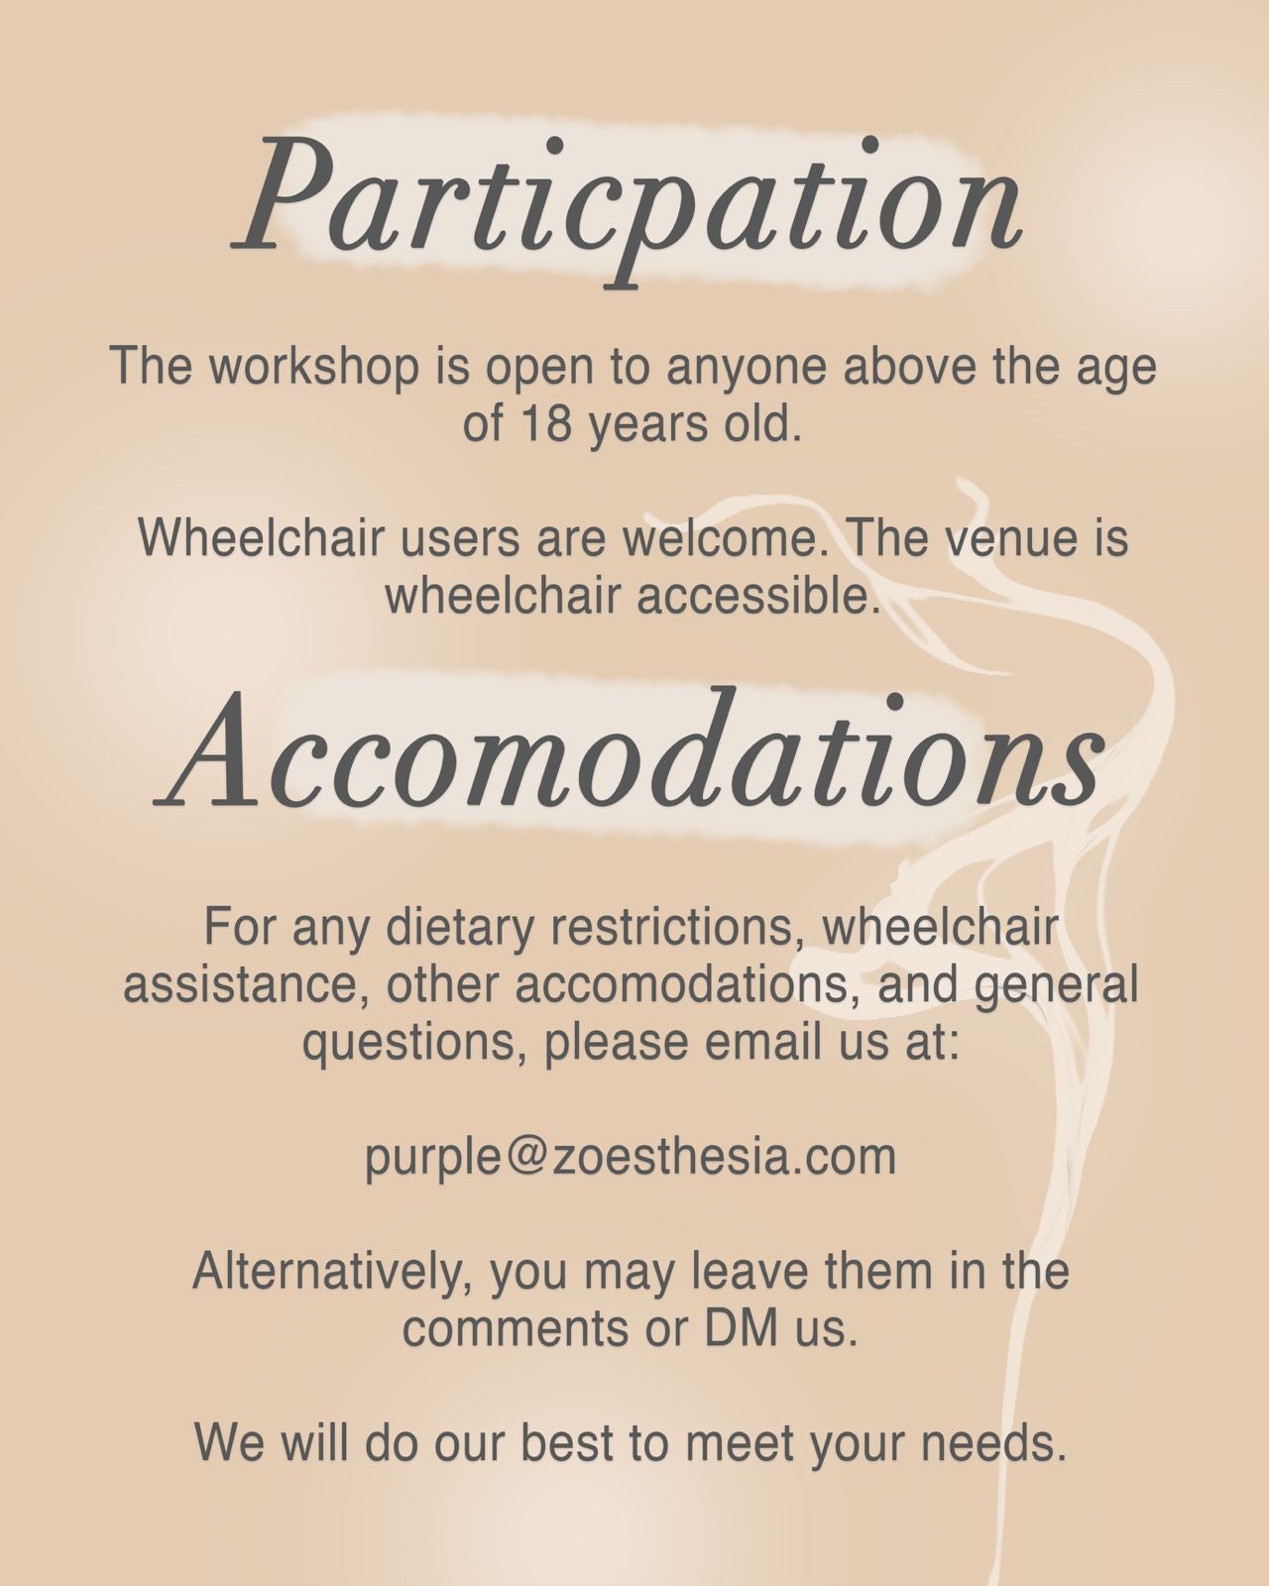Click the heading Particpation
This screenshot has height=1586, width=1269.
tap(628, 211)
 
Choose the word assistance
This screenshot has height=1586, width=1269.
tap(246, 985)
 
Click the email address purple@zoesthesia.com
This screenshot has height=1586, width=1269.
tap(631, 1158)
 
